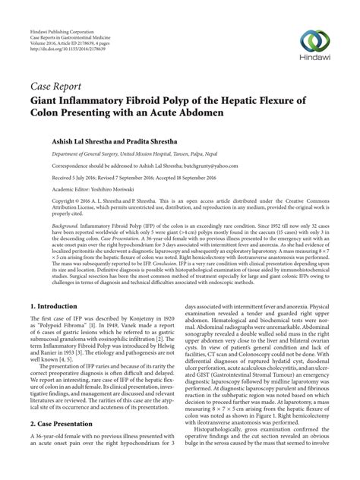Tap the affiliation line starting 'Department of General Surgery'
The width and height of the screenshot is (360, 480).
tap(122, 151)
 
